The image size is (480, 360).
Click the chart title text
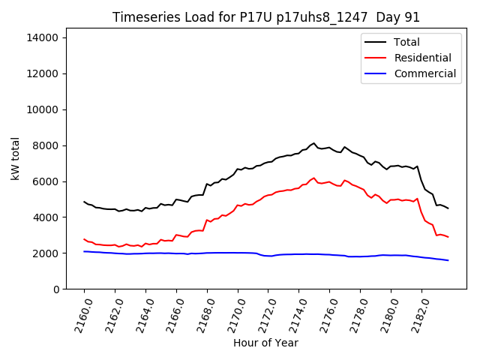[x=266, y=17]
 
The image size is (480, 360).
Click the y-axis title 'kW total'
[x=15, y=159]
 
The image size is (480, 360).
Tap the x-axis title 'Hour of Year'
[x=266, y=343]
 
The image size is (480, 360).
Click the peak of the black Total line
[x=314, y=142]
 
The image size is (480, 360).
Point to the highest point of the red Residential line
[x=314, y=178]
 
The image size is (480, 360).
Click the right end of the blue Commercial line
[x=448, y=260]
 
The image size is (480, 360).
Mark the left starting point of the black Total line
[x=84, y=202]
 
